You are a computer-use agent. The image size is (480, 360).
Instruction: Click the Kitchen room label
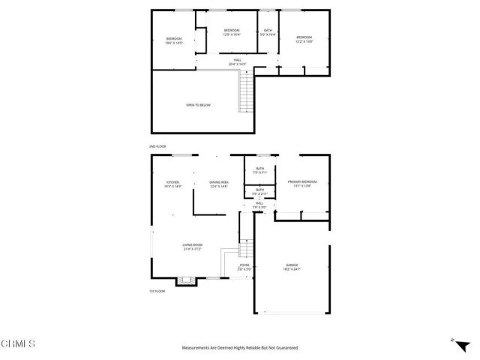173,184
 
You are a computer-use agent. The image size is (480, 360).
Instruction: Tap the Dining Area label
218,184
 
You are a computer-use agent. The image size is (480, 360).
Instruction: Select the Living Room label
193,246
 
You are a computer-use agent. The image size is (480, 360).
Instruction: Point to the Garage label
292,266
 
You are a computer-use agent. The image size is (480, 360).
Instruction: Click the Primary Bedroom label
302,183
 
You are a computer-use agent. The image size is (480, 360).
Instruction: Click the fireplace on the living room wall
184,282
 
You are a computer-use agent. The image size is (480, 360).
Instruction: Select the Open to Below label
198,105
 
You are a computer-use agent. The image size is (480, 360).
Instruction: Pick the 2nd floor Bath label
268,32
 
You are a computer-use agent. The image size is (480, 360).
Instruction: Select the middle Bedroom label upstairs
231,32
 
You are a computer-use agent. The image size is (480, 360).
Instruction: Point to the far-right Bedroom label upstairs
304,38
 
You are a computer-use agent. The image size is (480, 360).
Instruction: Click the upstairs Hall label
237,61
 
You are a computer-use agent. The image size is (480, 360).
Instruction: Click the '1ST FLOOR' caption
157,292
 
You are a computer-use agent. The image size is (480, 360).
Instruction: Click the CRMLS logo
18,344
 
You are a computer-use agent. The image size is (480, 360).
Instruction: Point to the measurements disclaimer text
240,348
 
